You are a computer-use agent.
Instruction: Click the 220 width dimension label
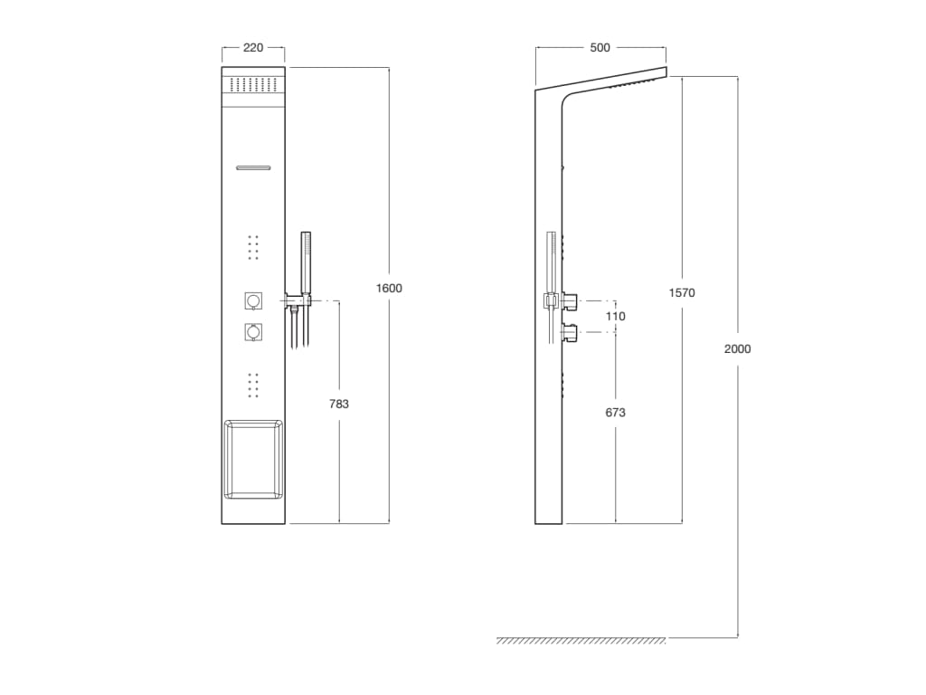253,48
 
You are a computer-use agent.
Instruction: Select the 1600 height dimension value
389,288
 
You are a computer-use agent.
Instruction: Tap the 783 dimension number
339,405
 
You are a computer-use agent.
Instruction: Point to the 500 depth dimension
600,48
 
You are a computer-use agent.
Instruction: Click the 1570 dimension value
682,292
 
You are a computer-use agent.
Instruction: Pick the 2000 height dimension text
737,348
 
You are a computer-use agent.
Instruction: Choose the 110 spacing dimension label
616,317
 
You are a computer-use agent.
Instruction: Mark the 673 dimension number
616,413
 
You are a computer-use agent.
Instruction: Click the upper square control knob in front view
253,300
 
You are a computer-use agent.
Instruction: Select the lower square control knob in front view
253,333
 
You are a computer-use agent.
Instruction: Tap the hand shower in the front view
306,258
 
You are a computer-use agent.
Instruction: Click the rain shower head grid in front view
253,84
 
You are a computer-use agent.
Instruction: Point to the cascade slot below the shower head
253,167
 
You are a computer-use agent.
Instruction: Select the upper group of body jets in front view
253,246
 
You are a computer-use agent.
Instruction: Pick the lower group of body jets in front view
253,385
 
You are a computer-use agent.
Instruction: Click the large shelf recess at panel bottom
253,459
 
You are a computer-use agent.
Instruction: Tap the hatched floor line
581,641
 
